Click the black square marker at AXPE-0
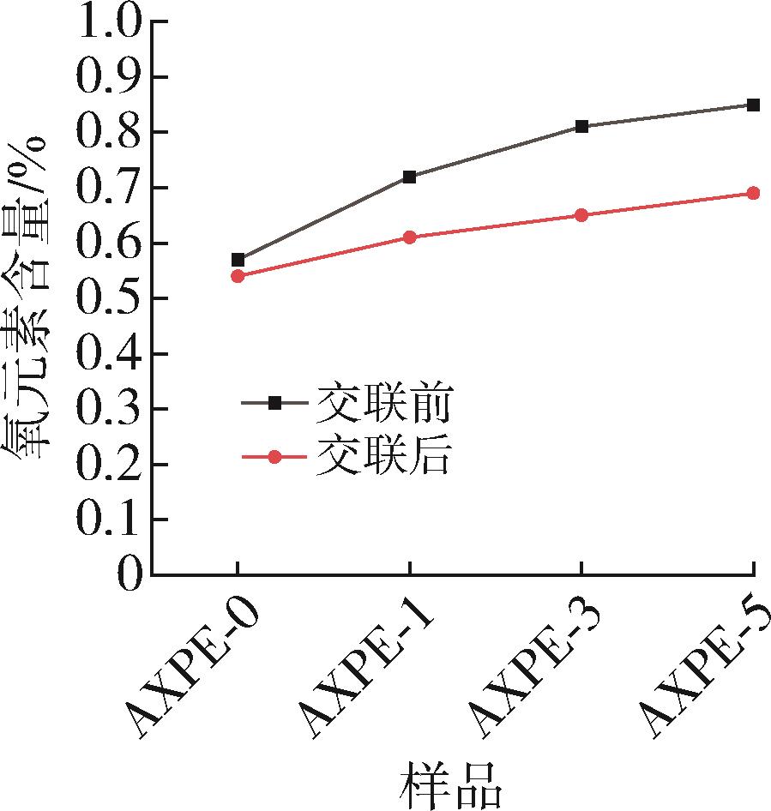[238, 260]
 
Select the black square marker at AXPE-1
[410, 177]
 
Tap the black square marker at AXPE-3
[581, 127]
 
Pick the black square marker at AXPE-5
[753, 105]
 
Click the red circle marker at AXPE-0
[238, 276]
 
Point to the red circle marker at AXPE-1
[410, 237]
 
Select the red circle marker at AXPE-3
[581, 215]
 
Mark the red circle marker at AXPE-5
[753, 194]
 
